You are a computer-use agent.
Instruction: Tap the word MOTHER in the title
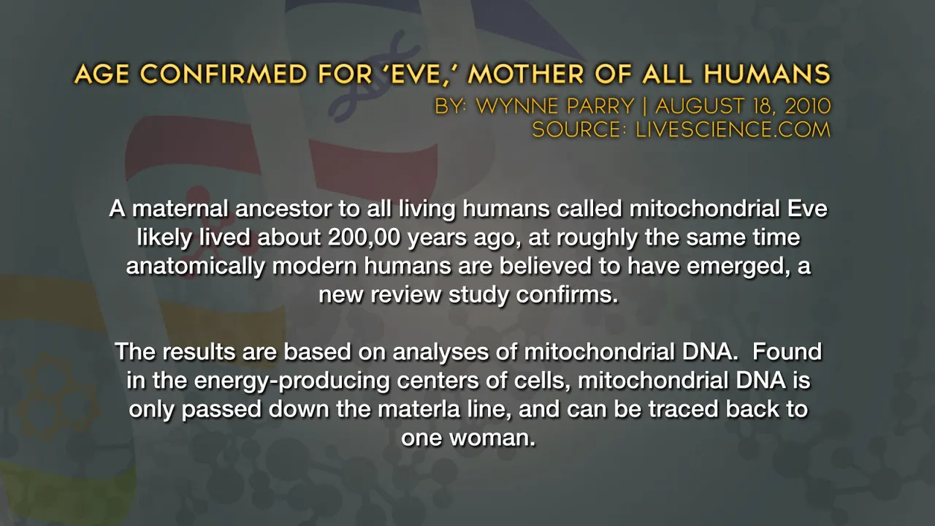pyautogui.click(x=525, y=75)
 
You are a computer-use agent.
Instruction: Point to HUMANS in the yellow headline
pyautogui.click(x=767, y=75)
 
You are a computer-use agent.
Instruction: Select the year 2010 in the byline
pyautogui.click(x=808, y=106)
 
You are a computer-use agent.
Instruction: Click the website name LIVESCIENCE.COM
pyautogui.click(x=733, y=129)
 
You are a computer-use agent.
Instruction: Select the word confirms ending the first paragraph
pyautogui.click(x=567, y=294)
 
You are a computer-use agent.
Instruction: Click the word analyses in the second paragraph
pyautogui.click(x=440, y=351)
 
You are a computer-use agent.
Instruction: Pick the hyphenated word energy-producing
pyautogui.click(x=291, y=381)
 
